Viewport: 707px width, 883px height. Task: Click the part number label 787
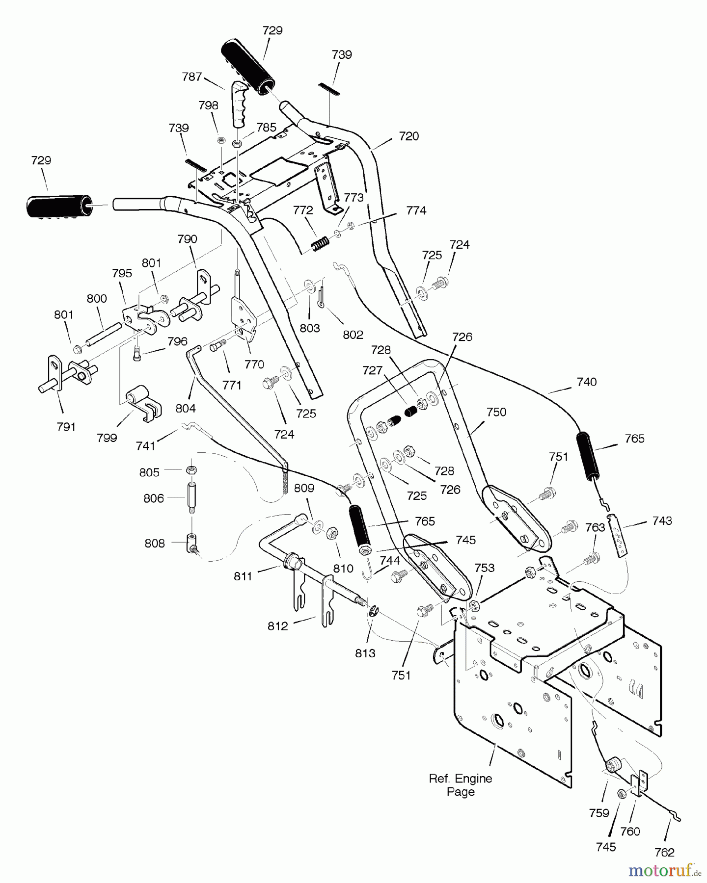[x=191, y=77]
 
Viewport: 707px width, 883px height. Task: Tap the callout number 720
[x=408, y=136]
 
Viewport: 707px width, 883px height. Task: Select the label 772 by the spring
[x=302, y=210]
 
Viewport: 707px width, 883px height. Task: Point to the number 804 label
[x=186, y=408]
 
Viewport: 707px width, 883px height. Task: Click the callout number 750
[x=496, y=412]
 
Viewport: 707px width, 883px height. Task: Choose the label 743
[x=662, y=520]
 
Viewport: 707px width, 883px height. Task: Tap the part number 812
[x=278, y=626]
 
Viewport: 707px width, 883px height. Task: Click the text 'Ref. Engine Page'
[x=461, y=785]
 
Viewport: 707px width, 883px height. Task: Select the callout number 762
[x=664, y=852]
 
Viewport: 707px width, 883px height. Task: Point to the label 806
[x=154, y=498]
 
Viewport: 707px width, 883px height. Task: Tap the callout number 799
[x=107, y=438]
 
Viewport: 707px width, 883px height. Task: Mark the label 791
[x=66, y=427]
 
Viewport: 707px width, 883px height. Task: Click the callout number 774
[x=416, y=210]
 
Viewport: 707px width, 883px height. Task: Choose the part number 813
[x=365, y=653]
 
